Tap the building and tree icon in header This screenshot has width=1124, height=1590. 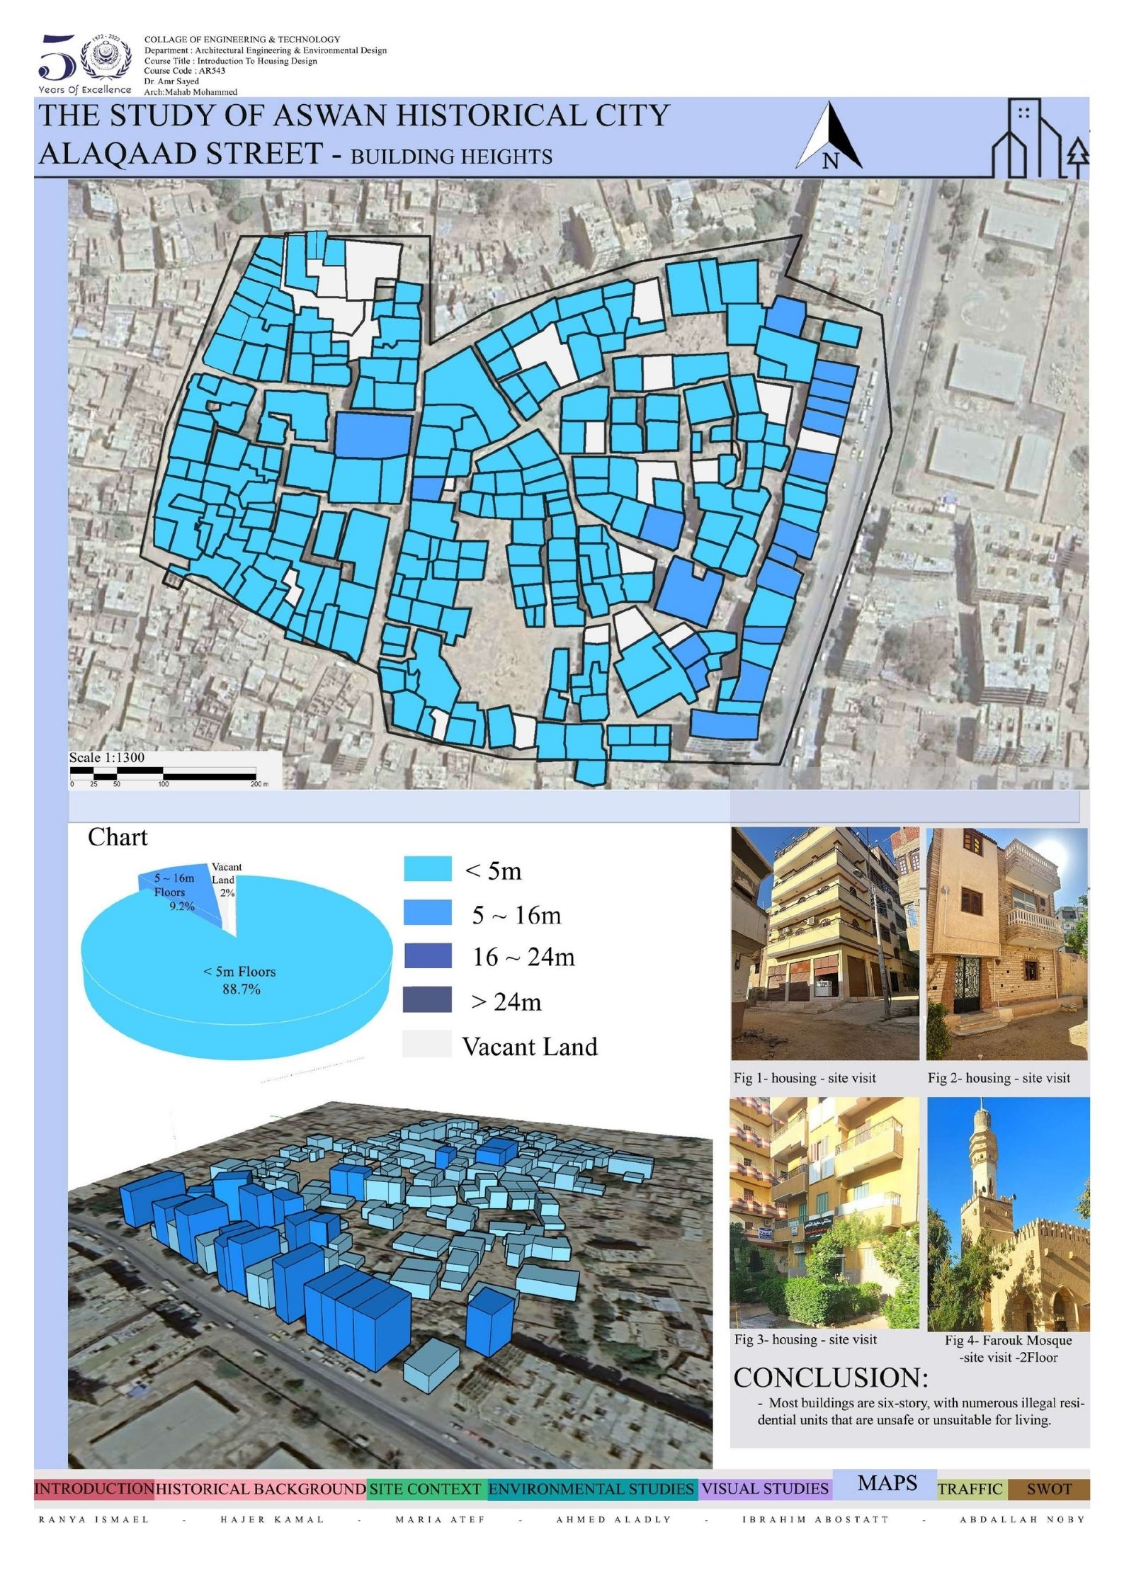click(x=1039, y=139)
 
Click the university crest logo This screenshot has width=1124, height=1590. click(x=106, y=60)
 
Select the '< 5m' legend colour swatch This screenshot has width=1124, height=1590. click(x=427, y=869)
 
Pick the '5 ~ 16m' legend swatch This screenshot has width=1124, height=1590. click(x=427, y=913)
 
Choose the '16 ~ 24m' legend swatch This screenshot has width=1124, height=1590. click(x=427, y=955)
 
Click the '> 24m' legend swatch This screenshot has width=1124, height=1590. click(x=427, y=999)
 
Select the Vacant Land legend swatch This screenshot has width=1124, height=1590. click(x=427, y=1044)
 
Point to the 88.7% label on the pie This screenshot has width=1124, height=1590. click(x=241, y=989)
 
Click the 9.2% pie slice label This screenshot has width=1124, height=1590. click(x=181, y=906)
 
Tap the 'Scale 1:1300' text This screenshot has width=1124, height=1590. click(x=106, y=757)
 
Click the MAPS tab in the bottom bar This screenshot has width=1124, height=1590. click(x=887, y=1482)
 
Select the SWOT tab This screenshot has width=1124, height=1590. click(x=1049, y=1489)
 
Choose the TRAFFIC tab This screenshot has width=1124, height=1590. click(x=970, y=1489)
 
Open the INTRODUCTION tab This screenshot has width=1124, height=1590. click(x=94, y=1489)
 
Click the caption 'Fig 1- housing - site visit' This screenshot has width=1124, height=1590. click(x=805, y=1078)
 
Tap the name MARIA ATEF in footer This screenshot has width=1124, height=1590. click(x=440, y=1519)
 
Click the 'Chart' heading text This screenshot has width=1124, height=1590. click(x=118, y=837)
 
